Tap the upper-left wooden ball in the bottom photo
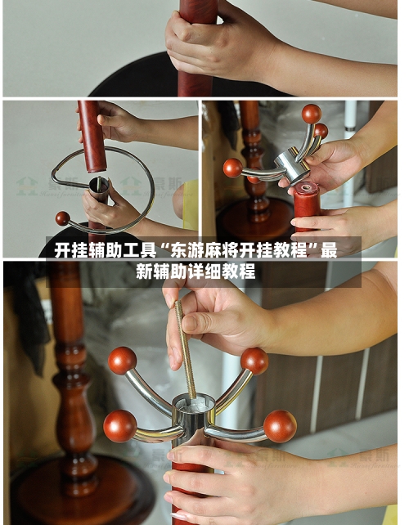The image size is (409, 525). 123,360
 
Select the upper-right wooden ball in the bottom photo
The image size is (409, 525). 254,361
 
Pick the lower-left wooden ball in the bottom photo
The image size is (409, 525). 119,425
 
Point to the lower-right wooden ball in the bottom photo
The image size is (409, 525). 280,426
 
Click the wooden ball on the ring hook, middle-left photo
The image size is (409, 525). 62,218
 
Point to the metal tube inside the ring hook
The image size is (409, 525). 99,190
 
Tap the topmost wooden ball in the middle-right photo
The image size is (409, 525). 311,114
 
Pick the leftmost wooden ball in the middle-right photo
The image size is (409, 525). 233,168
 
